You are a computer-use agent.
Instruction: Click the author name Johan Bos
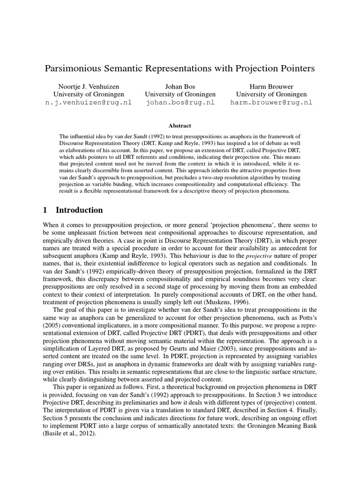[180, 86]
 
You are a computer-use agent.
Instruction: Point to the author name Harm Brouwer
[271, 86]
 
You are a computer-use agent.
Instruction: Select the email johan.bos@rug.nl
[180, 103]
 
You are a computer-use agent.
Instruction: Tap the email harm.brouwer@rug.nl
[271, 103]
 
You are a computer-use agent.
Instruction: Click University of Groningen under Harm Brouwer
[271, 94]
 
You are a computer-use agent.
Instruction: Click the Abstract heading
[180, 126]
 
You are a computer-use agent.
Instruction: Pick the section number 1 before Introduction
[45, 210]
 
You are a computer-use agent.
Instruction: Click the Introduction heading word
[79, 210]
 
